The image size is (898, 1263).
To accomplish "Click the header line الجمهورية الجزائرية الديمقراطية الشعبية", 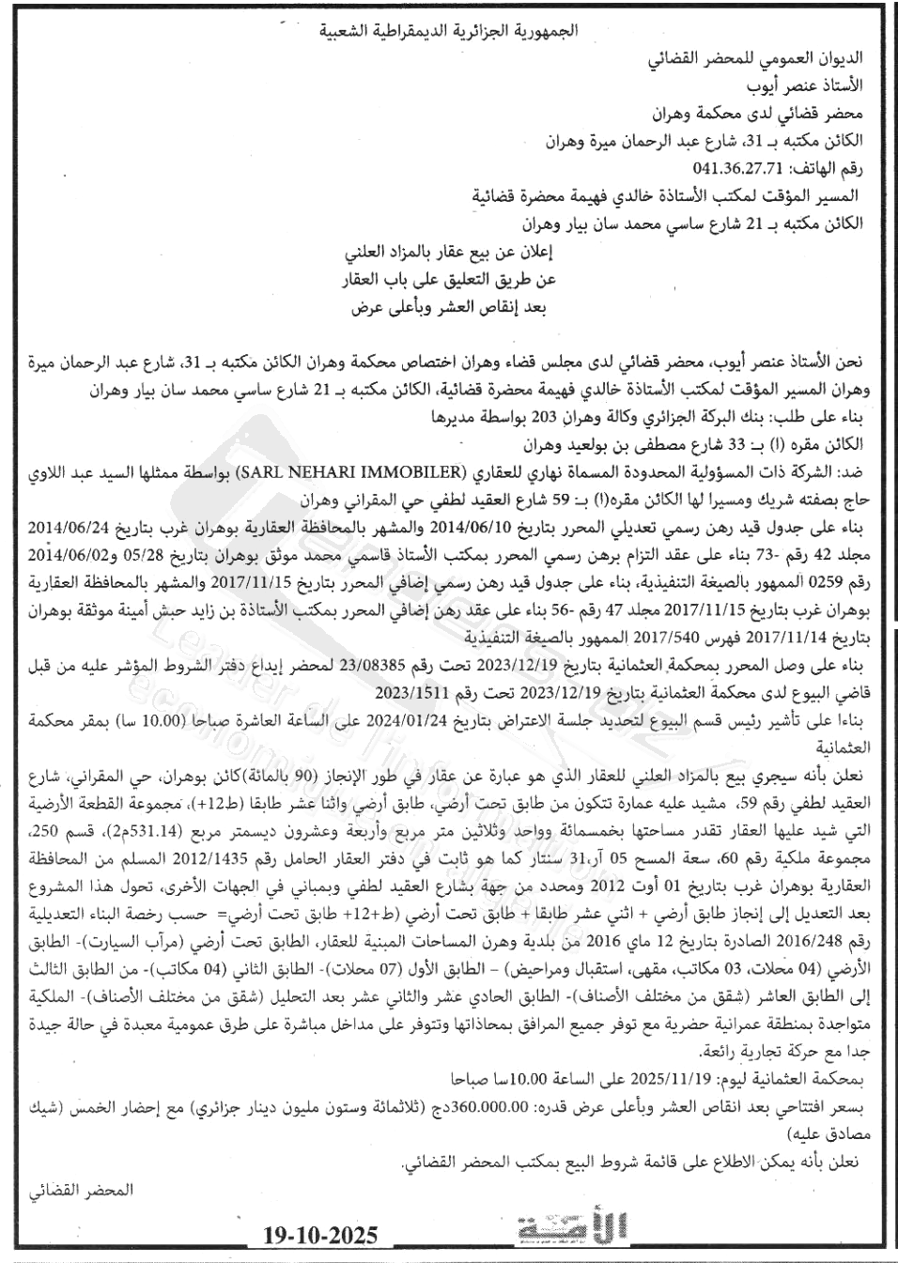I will [x=448, y=32].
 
